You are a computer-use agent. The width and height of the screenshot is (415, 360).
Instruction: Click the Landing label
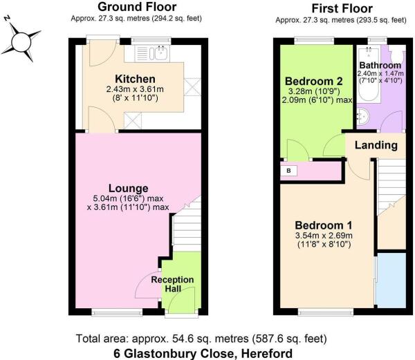(376, 145)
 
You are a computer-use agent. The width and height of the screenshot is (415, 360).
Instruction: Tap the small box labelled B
(288, 170)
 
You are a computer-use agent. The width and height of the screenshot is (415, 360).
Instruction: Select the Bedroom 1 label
(324, 225)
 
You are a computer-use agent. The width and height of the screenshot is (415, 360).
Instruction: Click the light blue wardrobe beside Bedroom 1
(391, 280)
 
